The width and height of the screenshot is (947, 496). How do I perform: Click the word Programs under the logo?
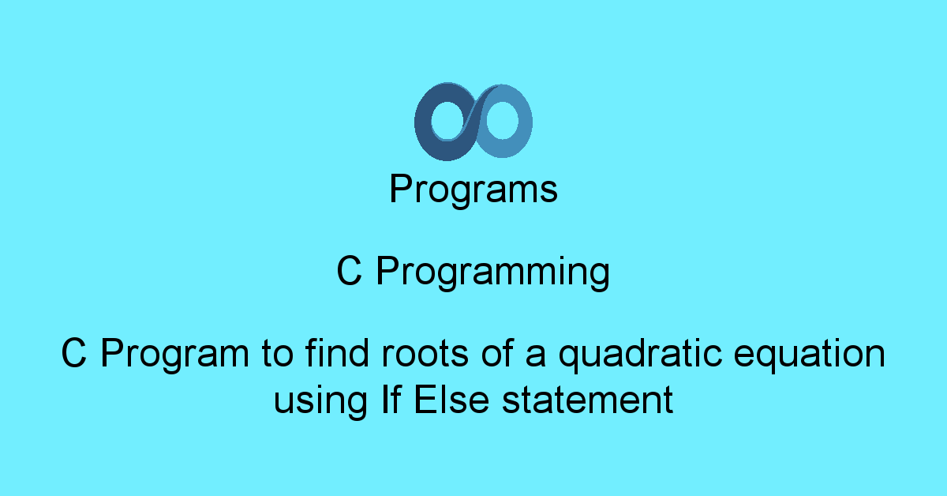(x=473, y=190)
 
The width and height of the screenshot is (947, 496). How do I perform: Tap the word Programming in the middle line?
(x=493, y=272)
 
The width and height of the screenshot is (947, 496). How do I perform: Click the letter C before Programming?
(x=349, y=270)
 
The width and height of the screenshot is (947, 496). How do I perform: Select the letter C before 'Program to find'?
(x=74, y=353)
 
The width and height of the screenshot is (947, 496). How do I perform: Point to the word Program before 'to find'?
(x=175, y=355)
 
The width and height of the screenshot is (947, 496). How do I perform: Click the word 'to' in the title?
(x=277, y=354)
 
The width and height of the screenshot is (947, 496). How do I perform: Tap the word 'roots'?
(x=425, y=354)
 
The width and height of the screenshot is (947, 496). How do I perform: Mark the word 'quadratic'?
(x=640, y=355)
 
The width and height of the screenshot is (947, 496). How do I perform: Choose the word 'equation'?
(x=810, y=355)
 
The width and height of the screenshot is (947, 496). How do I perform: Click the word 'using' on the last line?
(x=320, y=401)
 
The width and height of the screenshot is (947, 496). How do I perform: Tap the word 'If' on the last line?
(x=391, y=399)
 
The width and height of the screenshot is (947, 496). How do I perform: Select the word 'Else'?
(x=451, y=399)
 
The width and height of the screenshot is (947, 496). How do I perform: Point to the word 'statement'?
(x=588, y=400)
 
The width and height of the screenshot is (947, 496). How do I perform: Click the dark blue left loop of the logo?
(x=423, y=122)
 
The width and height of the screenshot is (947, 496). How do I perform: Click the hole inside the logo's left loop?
(x=448, y=120)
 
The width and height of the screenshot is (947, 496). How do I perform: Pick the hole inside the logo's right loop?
(x=502, y=120)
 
